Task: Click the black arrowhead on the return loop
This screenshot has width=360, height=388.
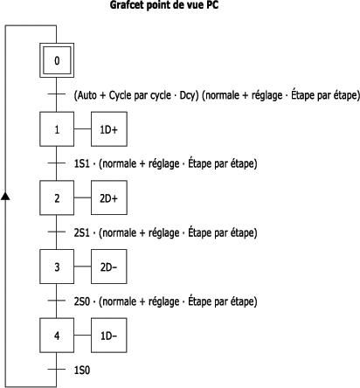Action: pyautogui.click(x=5, y=196)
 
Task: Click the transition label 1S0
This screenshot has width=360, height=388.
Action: pyautogui.click(x=82, y=370)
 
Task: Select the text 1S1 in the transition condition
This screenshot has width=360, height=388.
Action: pyautogui.click(x=82, y=163)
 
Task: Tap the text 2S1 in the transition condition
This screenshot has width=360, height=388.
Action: pyautogui.click(x=82, y=232)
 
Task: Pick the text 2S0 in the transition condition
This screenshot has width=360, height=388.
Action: pyautogui.click(x=82, y=301)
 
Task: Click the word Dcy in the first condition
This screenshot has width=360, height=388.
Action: pyautogui.click(x=189, y=95)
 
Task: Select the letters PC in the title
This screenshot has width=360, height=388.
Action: pyautogui.click(x=212, y=5)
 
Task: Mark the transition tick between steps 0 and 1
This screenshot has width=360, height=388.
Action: pyautogui.click(x=57, y=94)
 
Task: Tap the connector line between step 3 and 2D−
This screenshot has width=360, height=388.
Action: pyautogui.click(x=82, y=267)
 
